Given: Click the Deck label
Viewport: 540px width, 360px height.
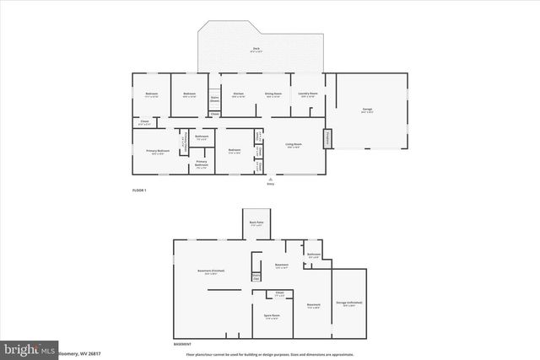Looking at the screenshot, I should (256, 49).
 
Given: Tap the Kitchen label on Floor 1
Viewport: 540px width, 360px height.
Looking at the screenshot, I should (239, 94).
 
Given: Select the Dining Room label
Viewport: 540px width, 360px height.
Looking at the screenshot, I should (273, 94).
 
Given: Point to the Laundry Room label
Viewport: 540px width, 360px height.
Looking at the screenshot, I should (308, 94).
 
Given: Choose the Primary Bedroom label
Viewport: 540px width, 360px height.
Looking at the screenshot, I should (158, 151).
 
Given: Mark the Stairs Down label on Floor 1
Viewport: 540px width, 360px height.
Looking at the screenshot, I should (214, 99).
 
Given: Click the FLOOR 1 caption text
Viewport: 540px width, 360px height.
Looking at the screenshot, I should (140, 191).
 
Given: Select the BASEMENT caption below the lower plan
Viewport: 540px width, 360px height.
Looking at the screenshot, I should (183, 344).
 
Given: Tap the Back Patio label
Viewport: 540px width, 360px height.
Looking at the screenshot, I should (256, 223).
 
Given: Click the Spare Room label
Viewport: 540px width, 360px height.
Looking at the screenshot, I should (272, 316).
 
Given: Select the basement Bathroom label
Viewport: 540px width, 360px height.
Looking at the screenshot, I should (313, 255).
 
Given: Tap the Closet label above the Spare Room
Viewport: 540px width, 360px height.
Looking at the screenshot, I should (279, 293).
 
